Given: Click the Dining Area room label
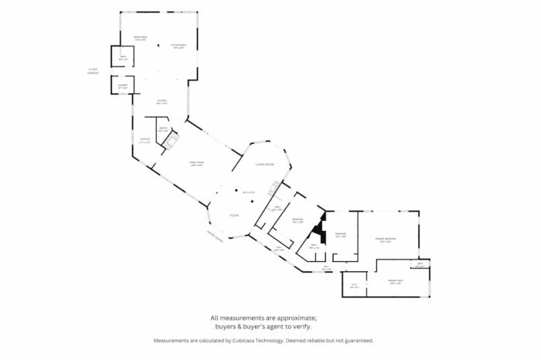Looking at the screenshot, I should [x=140, y=37].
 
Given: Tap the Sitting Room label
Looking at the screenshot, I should [x=179, y=46].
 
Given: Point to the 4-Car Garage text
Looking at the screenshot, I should [x=94, y=71].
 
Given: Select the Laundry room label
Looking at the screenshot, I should [x=123, y=87].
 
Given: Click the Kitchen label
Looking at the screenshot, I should [x=162, y=101].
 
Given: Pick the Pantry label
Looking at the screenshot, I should [x=163, y=130].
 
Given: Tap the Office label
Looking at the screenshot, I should [x=145, y=140].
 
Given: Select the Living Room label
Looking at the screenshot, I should [x=265, y=165].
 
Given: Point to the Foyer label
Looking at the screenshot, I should [x=234, y=216].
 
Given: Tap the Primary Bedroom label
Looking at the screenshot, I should [x=386, y=239].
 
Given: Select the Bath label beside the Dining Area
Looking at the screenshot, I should [x=123, y=57].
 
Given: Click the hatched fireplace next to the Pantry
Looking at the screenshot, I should [x=174, y=142].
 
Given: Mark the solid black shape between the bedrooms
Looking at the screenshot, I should [x=317, y=233].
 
